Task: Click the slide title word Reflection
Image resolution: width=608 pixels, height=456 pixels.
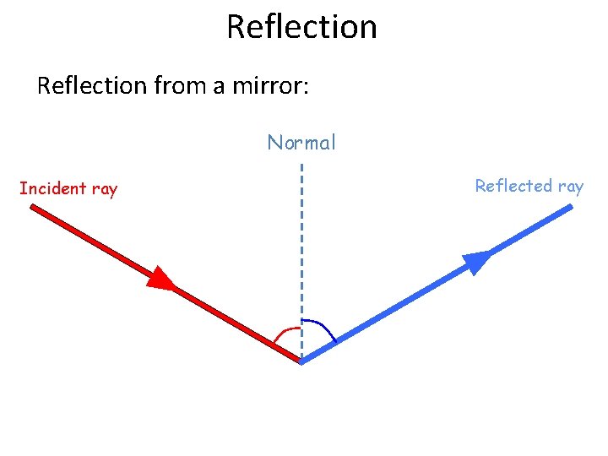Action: point(301,27)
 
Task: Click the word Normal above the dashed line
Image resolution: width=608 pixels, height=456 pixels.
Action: point(301,144)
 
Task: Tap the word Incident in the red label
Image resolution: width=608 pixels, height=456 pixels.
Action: point(52,188)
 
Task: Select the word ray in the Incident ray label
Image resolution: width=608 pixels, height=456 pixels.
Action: point(104,189)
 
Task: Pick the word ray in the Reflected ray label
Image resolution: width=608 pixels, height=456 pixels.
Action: point(570,187)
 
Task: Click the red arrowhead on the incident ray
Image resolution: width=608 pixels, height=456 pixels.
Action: point(162,278)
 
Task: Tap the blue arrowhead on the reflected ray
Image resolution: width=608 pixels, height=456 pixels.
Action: point(477,262)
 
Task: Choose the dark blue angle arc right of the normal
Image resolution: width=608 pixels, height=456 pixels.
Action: point(322,328)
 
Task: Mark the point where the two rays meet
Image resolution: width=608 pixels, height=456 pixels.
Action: point(301,361)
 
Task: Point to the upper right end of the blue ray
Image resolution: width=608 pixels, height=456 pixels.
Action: point(570,207)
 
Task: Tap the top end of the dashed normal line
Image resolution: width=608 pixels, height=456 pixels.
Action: point(301,166)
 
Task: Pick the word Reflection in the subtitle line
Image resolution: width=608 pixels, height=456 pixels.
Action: point(91,85)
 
